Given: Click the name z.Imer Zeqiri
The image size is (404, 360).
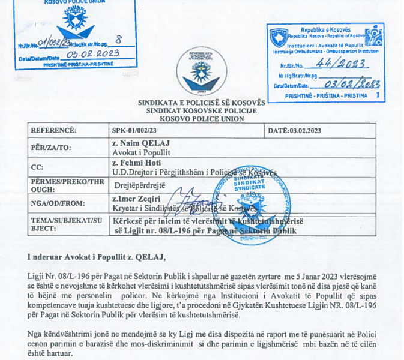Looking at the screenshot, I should [x=136, y=199].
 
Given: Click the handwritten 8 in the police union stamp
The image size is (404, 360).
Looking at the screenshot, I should [x=118, y=40].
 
